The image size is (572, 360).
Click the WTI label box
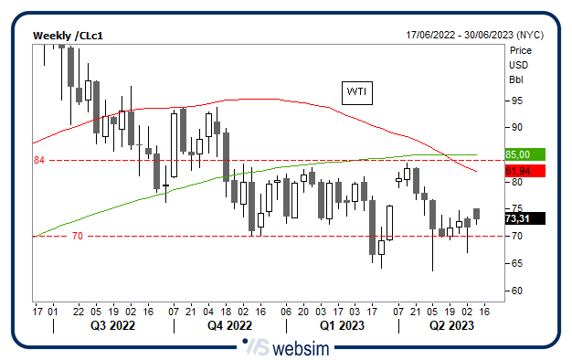(x=355, y=92)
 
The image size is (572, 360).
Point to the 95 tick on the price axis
(x=516, y=101)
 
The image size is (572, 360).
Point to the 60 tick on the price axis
(x=516, y=291)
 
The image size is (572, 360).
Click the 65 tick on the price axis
(x=516, y=263)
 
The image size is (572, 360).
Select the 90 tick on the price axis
(x=516, y=127)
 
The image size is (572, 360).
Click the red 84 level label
(x=39, y=161)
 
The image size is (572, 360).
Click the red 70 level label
(x=77, y=236)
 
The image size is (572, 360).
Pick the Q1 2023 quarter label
(x=342, y=325)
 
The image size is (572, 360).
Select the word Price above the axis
(x=521, y=50)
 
